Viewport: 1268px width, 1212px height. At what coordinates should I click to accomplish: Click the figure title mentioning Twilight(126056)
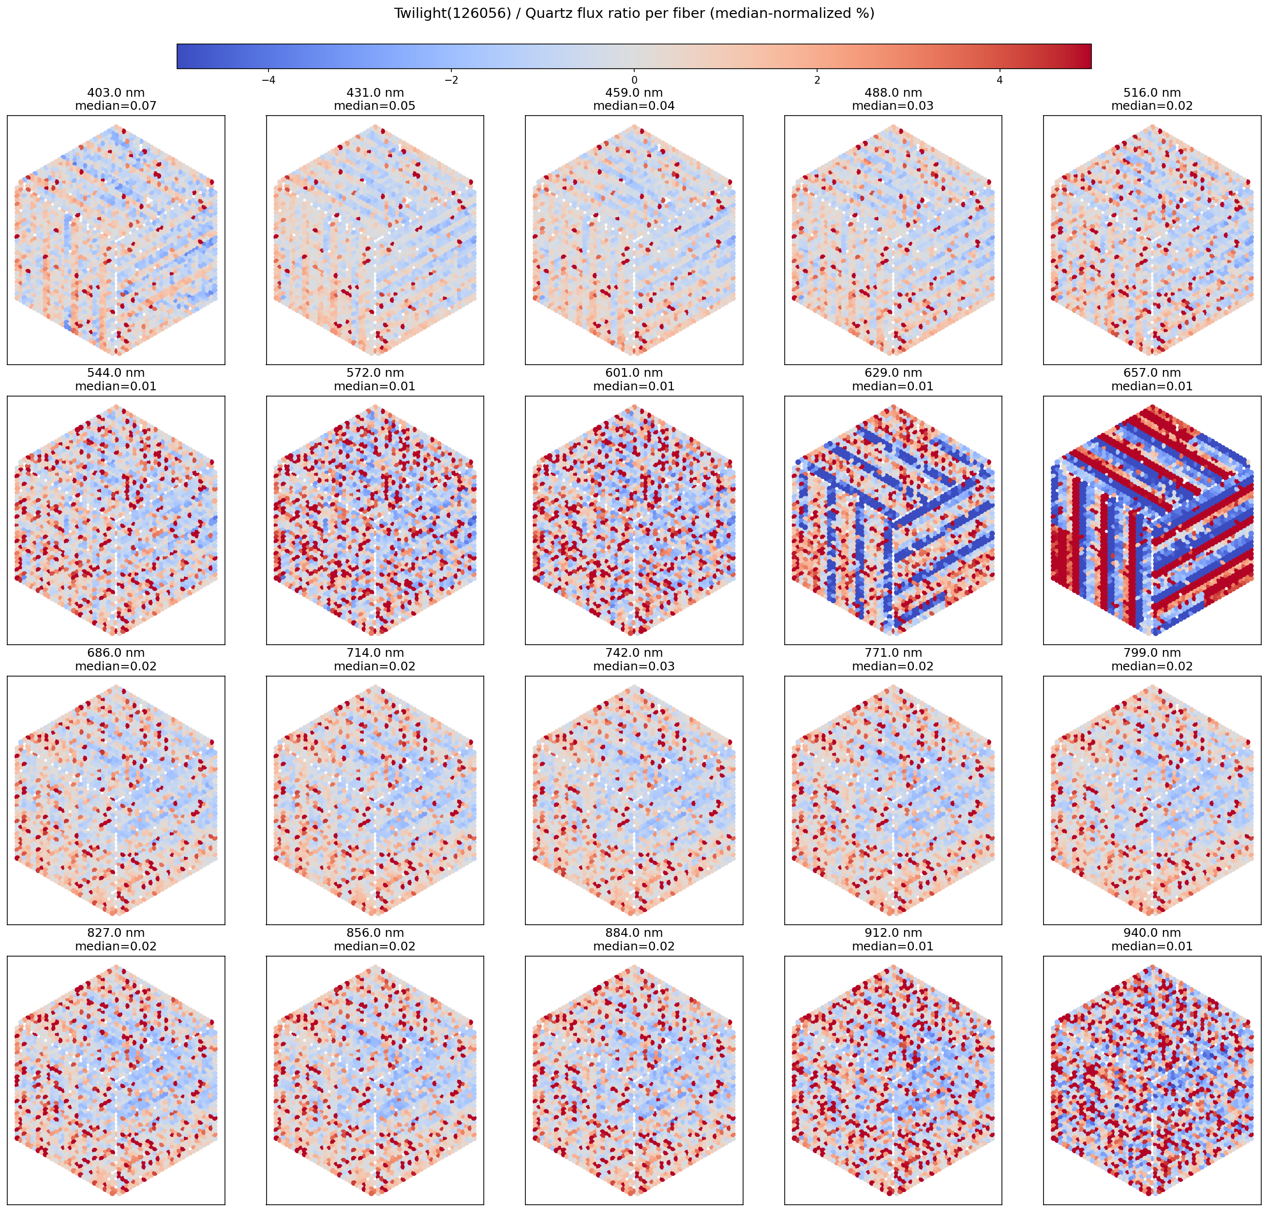(633, 14)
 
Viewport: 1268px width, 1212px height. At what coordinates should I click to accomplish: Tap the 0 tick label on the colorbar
(634, 80)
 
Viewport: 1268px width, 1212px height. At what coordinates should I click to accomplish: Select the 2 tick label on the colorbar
(817, 80)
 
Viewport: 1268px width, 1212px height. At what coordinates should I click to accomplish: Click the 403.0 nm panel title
(116, 93)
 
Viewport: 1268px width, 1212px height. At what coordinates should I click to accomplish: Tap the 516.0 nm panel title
(1152, 93)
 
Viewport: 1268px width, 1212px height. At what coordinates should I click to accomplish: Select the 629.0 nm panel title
(893, 373)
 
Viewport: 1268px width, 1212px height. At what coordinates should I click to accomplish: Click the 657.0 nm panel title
(1152, 373)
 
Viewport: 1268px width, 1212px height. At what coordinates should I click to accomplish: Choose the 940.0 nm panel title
(1152, 932)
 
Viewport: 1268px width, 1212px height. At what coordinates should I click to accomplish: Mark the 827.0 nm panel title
(116, 932)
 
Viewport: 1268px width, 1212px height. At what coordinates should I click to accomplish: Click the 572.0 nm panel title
(375, 373)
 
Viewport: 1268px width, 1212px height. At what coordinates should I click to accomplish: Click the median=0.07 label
(116, 106)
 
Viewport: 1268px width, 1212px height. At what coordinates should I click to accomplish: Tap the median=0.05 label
(375, 106)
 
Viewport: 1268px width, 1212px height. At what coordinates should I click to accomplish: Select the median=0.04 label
(633, 106)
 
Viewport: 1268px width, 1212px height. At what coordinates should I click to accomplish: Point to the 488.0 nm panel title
(893, 93)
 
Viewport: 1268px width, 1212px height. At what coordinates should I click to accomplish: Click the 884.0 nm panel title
(633, 932)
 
